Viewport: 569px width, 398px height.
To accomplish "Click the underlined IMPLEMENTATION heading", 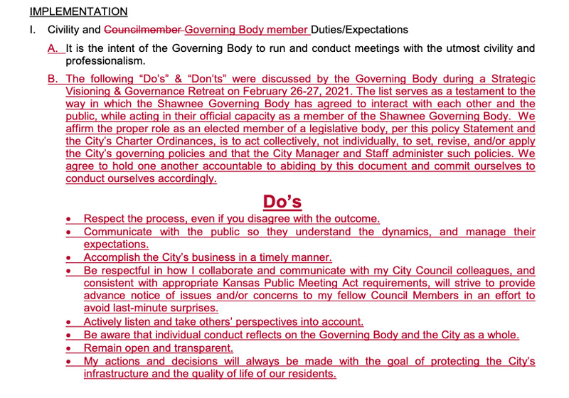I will tap(78, 11).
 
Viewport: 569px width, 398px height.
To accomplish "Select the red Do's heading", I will tap(282, 202).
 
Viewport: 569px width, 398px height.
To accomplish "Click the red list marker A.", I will tap(53, 49).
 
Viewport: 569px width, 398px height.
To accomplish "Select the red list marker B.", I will tap(53, 79).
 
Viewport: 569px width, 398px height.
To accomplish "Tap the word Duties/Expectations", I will tap(360, 30).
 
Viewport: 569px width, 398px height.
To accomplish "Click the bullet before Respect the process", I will tap(68, 220).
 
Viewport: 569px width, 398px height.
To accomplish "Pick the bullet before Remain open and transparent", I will tap(68, 349).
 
